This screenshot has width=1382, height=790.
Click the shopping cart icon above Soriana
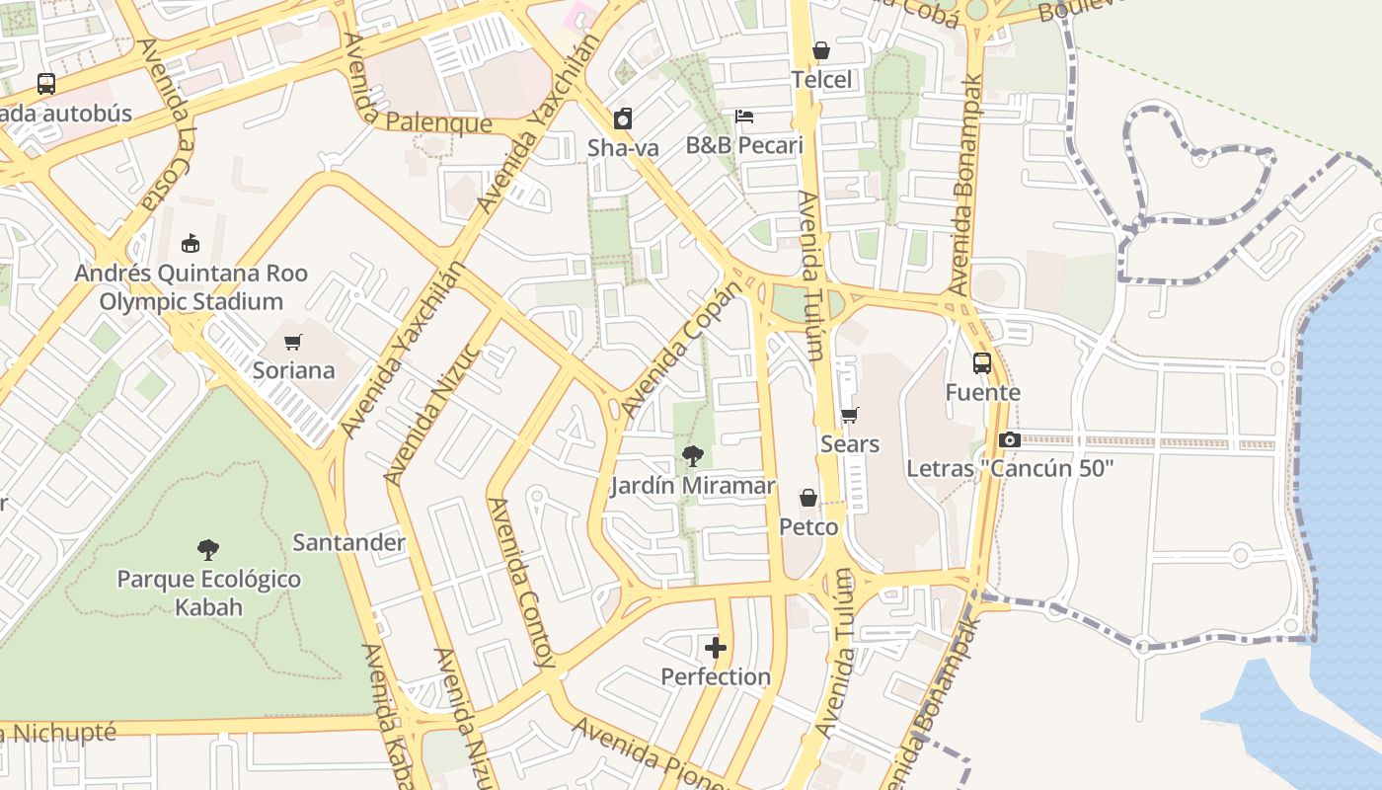[x=292, y=343]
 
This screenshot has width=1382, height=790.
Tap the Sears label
[x=849, y=444]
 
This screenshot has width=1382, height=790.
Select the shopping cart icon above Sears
[x=849, y=416]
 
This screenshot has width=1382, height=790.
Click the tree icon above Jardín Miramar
[x=693, y=456]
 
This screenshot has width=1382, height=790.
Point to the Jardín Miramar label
[x=693, y=486]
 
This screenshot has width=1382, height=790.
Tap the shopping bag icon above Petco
[x=808, y=498]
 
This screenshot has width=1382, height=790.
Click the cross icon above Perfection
[x=716, y=648]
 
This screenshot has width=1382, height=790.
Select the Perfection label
[x=716, y=677]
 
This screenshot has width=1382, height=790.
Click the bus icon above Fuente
[x=982, y=363]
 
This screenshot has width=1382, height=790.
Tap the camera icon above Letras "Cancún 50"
[x=1009, y=439]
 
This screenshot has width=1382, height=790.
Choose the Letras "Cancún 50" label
[x=1009, y=468]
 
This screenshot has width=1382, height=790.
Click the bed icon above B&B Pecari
[x=744, y=117]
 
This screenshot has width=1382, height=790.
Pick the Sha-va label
[x=623, y=148]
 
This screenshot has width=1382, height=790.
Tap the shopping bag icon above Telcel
[x=821, y=50]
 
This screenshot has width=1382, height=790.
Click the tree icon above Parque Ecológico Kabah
[x=208, y=550]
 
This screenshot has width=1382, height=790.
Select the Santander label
[x=348, y=542]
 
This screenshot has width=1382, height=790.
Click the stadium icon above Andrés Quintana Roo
[x=191, y=243]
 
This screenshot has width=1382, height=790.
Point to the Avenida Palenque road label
[x=424, y=121]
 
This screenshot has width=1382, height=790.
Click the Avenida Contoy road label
[x=522, y=583]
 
